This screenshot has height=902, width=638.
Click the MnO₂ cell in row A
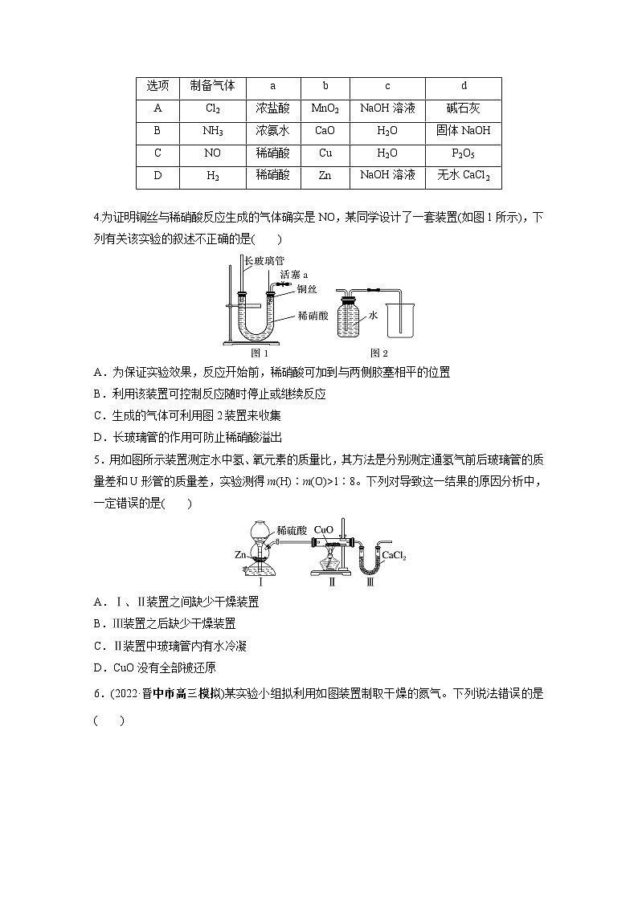pos(325,108)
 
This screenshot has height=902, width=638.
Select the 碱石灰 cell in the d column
pos(464,108)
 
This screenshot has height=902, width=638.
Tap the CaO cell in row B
pos(325,130)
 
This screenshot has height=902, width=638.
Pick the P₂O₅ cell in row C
pos(464,153)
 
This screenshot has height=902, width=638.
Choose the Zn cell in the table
pos(325,174)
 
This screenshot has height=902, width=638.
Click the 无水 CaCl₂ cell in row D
pos(464,174)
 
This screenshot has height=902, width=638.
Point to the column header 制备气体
pos(213,86)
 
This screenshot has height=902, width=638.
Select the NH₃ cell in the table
pos(213,130)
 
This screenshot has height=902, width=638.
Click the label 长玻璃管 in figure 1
pos(263,261)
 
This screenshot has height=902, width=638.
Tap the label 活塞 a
pos(295,275)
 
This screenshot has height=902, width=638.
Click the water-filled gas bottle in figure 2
pos(350,318)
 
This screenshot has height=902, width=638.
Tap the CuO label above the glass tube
pos(323,530)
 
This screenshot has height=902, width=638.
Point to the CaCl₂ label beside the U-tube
pos(393,555)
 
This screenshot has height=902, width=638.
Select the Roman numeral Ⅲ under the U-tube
pos(370,581)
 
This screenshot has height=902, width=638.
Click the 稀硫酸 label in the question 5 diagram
pos(292,530)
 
